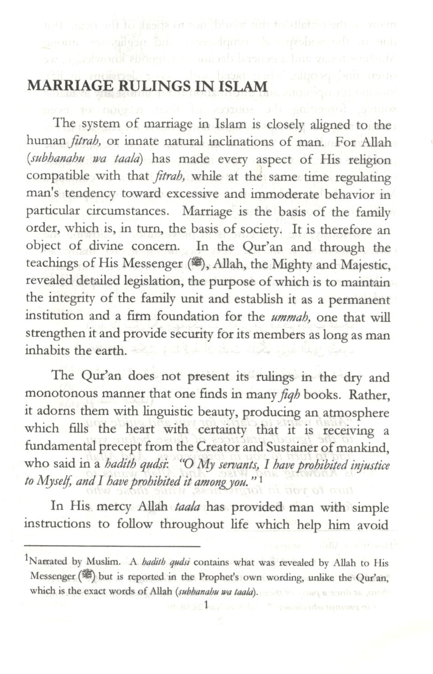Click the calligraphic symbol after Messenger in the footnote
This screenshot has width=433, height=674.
[88, 576]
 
